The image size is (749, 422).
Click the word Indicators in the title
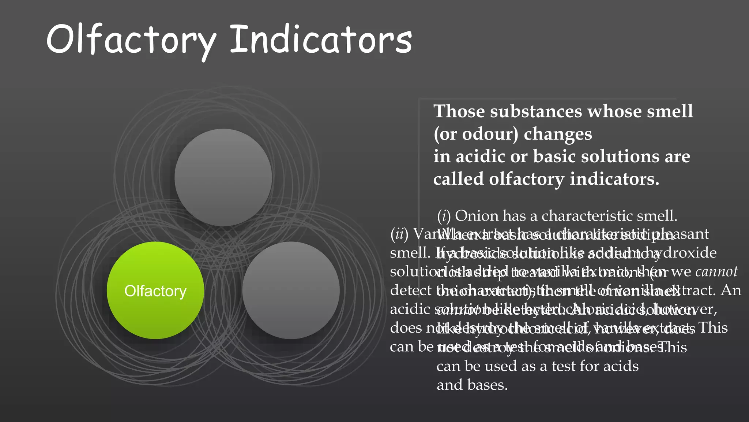click(321, 40)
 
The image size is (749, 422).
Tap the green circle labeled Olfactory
click(155, 290)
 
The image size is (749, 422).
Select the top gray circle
click(223, 177)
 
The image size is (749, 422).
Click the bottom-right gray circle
click(291, 290)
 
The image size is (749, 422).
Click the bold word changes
click(558, 134)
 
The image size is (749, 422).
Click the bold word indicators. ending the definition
click(614, 179)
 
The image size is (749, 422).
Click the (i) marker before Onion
click(444, 216)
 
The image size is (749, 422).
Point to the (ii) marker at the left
click(399, 234)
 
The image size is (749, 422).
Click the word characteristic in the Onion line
click(587, 216)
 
